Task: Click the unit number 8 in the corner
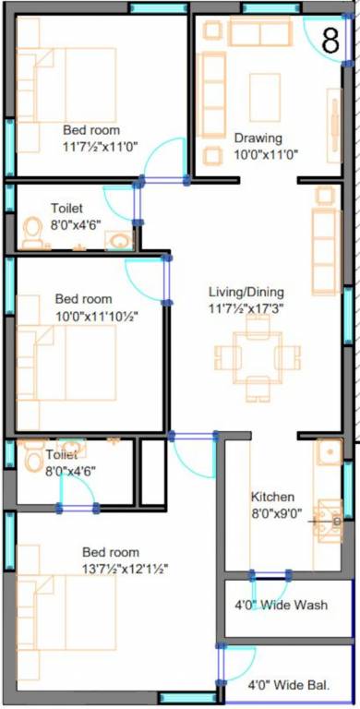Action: (x=330, y=41)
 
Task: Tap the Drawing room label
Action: (x=258, y=138)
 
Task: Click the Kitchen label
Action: (x=272, y=494)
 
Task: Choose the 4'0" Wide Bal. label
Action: (x=288, y=686)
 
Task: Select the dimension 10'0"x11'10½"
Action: (x=96, y=316)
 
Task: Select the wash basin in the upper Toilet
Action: (x=118, y=241)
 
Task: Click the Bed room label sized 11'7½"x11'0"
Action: (x=91, y=130)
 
